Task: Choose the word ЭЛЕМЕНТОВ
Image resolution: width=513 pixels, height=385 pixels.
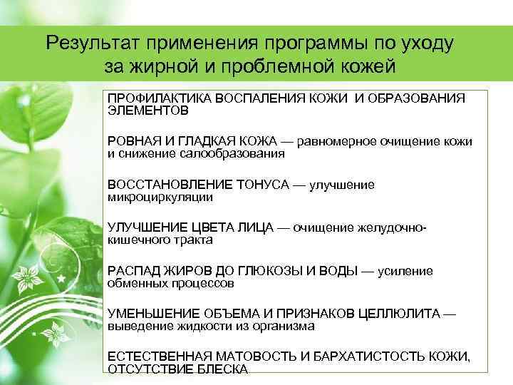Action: coord(148,111)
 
